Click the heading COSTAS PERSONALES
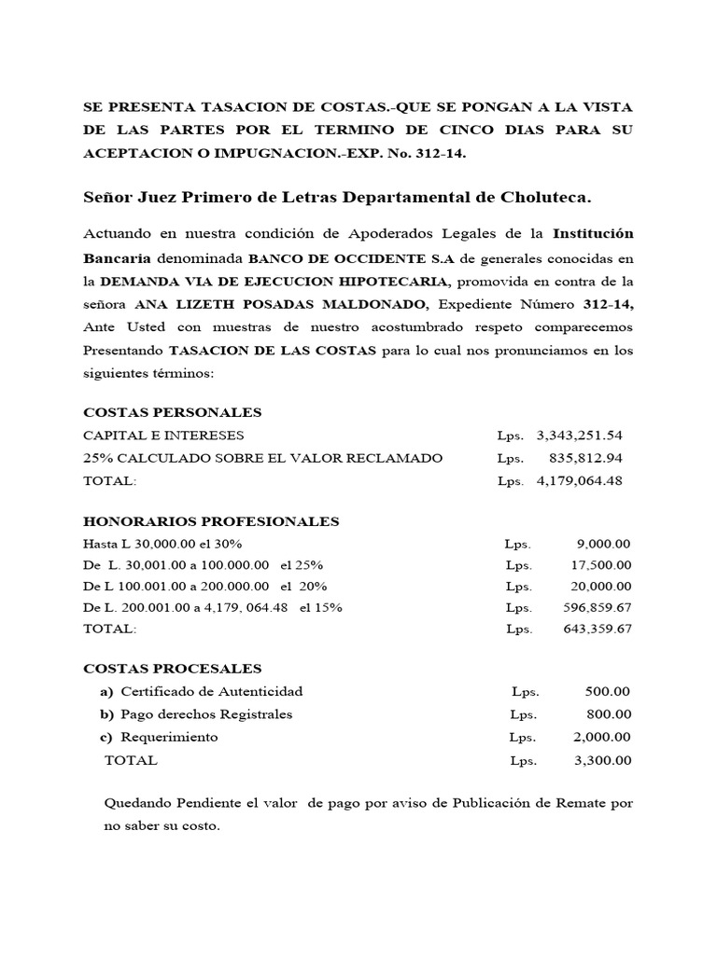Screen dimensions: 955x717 pos(173,412)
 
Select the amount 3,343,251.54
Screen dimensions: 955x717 pos(580,436)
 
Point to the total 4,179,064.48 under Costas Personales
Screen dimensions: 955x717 pos(580,481)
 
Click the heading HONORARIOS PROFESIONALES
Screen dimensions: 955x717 pos(211,521)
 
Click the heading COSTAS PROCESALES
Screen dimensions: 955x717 pos(173,669)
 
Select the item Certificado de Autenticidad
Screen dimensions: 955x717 pos(210,692)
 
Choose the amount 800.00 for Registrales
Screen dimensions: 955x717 pos(609,714)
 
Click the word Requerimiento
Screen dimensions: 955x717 pos(168,737)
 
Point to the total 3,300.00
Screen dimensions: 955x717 pos(603,760)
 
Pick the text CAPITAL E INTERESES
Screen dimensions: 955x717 pos(163,436)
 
